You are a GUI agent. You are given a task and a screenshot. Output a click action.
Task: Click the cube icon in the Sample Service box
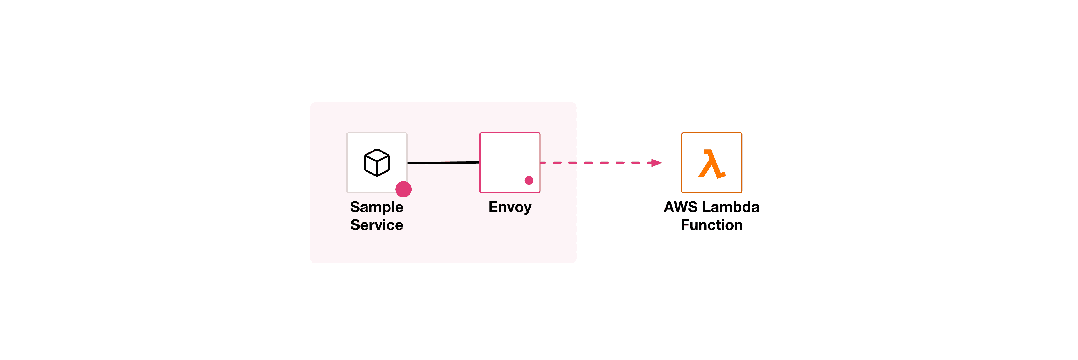pos(377,162)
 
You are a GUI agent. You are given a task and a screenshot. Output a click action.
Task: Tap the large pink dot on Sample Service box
pos(403,189)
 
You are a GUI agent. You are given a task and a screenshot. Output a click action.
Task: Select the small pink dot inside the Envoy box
pos(529,180)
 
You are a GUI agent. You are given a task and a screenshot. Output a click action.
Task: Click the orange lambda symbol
pos(711,164)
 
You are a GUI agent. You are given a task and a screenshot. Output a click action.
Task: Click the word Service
pos(377,225)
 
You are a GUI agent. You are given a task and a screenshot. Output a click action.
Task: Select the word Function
pos(711,225)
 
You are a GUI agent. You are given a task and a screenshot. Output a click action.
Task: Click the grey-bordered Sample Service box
pos(356,142)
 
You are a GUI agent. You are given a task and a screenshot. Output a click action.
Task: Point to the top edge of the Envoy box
pos(510,133)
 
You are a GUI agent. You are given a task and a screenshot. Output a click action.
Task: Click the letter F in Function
pos(685,225)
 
